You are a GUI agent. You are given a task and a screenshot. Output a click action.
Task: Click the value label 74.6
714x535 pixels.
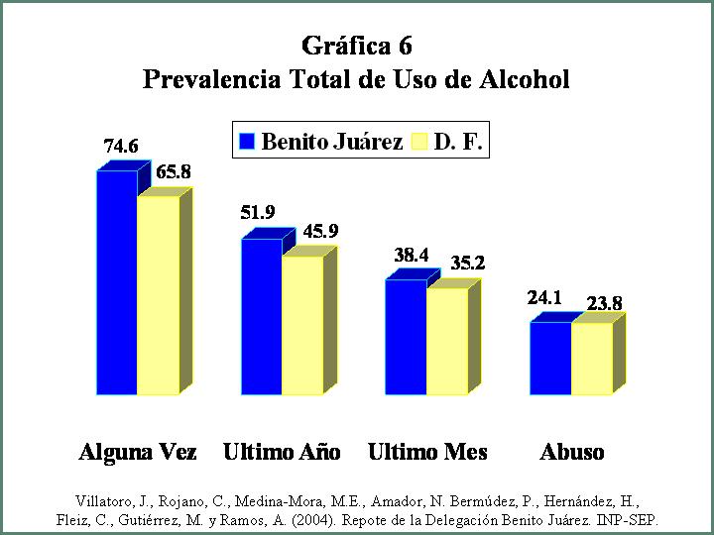pyautogui.click(x=121, y=147)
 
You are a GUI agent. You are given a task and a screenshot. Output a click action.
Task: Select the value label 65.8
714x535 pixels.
pyautogui.click(x=174, y=172)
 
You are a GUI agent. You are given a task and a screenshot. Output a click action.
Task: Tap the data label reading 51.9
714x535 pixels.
pyautogui.click(x=258, y=212)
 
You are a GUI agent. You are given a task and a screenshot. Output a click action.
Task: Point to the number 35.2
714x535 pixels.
pyautogui.click(x=468, y=264)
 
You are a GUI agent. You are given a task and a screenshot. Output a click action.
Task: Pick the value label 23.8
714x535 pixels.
pyautogui.click(x=604, y=304)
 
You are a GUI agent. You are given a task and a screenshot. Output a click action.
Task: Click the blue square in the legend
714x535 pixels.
pyautogui.click(x=247, y=141)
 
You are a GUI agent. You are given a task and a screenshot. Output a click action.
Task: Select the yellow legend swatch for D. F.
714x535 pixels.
pyautogui.click(x=419, y=141)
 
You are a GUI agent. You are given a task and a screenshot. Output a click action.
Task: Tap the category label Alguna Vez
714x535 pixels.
pyautogui.click(x=138, y=452)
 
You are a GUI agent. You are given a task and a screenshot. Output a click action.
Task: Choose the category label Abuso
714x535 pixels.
pyautogui.click(x=572, y=452)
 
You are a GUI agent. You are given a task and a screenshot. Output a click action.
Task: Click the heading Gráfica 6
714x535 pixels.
pyautogui.click(x=357, y=46)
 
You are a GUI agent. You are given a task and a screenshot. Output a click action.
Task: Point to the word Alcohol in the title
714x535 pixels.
pyautogui.click(x=525, y=79)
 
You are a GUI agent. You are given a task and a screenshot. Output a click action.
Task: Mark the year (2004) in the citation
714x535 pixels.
pyautogui.click(x=313, y=519)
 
